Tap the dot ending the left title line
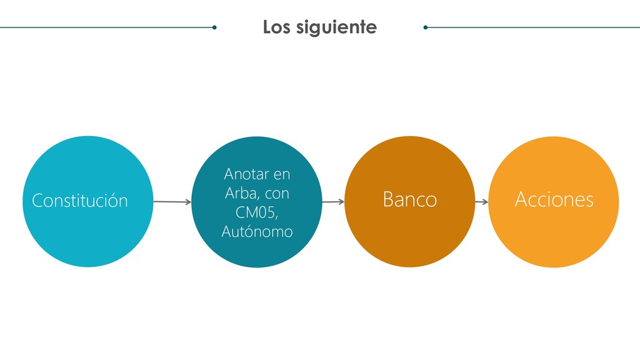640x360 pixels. pos(214,27)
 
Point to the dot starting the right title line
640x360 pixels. pos(426,27)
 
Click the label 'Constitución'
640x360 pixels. pos(80,201)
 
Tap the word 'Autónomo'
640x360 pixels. pos(257,231)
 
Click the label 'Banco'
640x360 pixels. pos(409,200)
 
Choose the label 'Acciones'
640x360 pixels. pos(554,200)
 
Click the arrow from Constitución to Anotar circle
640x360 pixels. pos(172,202)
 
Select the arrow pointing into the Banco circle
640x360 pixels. pos(333,202)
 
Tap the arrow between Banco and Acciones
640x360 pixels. pos(481,202)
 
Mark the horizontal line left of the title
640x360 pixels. pos(106,27)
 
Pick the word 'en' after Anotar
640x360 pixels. pos(282,172)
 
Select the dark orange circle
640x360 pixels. pos(409,244)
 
